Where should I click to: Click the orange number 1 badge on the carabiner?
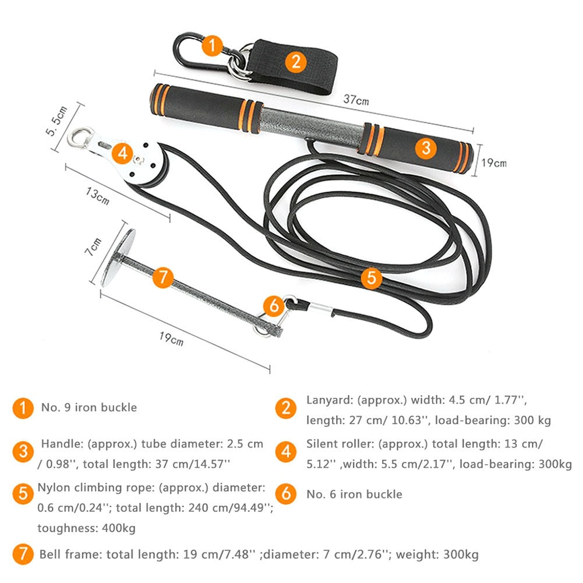tap(212, 44)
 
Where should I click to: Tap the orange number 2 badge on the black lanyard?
tap(296, 61)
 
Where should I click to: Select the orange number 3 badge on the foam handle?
tap(426, 148)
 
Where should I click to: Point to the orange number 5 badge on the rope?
tap(371, 277)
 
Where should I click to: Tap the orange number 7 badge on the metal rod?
tap(164, 277)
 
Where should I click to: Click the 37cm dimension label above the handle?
tap(355, 100)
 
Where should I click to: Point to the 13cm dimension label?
tap(98, 196)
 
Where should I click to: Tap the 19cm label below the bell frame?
tap(172, 338)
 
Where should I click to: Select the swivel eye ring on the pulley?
tap(77, 138)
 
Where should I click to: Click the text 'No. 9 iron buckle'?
tap(89, 407)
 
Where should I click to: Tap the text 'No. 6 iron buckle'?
tap(354, 494)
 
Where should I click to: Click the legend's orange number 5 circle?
tap(23, 494)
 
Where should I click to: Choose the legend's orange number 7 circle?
tap(23, 554)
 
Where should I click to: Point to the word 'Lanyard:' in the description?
tap(327, 400)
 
